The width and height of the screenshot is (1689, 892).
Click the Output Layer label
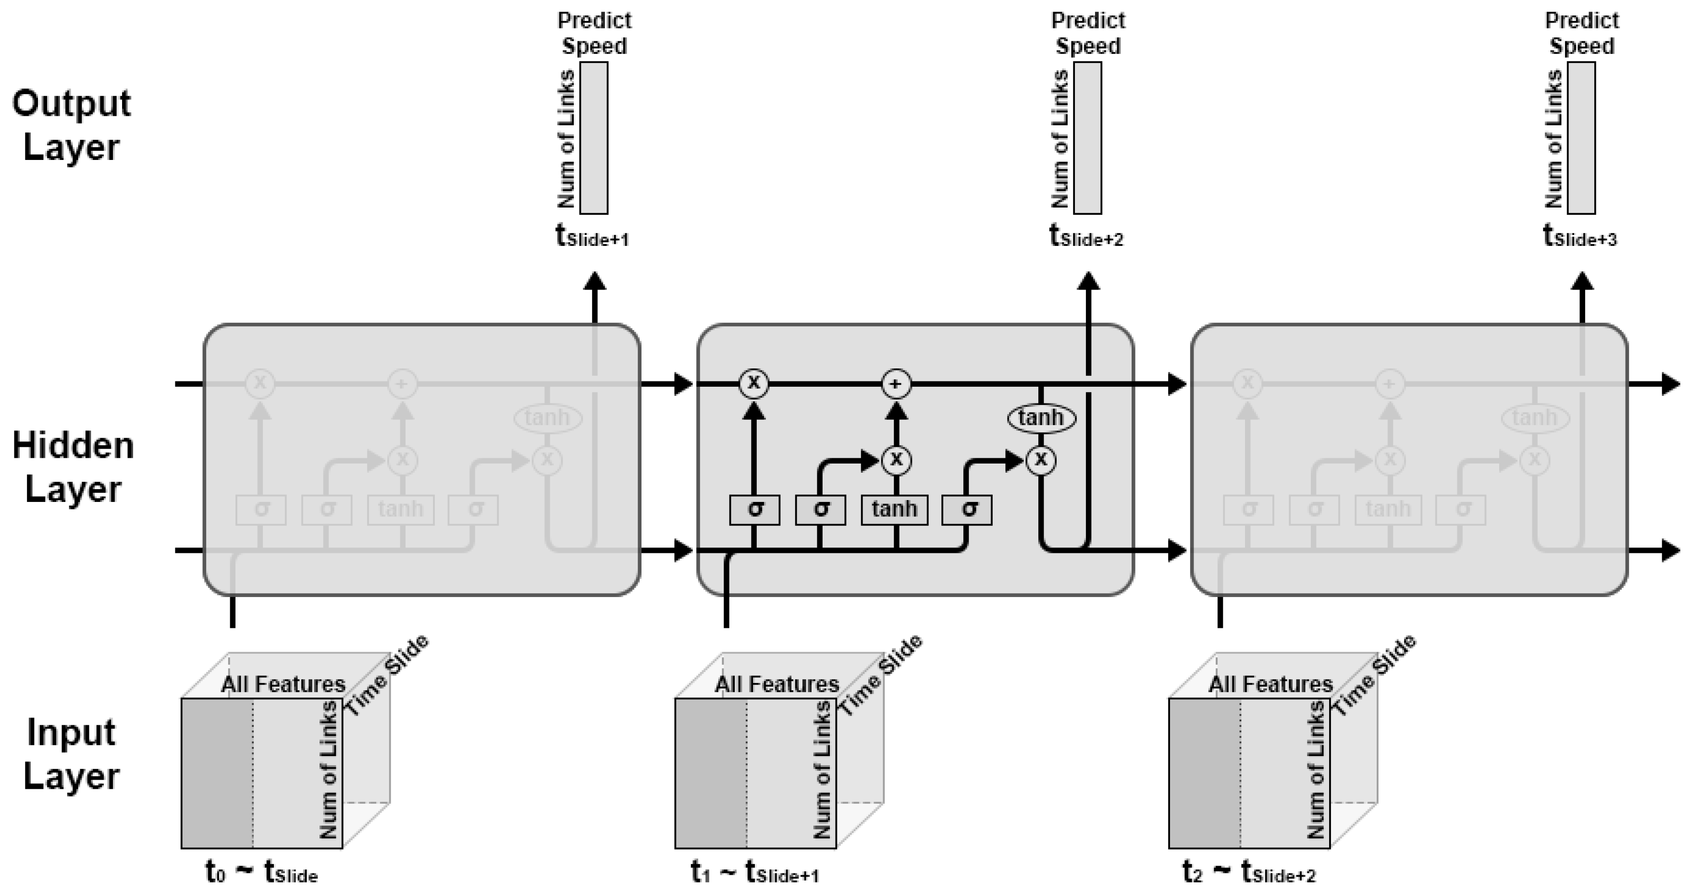[72, 124]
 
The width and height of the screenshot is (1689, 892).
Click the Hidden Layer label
[73, 466]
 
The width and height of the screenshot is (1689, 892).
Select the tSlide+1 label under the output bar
[592, 236]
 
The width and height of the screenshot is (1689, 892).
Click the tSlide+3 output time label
[1580, 236]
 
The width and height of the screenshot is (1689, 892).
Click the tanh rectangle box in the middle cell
[894, 509]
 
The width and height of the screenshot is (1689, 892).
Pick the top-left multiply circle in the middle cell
[753, 383]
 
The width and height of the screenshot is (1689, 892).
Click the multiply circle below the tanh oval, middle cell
[1040, 460]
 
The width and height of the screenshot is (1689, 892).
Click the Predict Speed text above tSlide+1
[594, 33]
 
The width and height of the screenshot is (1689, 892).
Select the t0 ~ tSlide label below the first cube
[261, 872]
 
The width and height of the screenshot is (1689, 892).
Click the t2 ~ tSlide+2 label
[1248, 872]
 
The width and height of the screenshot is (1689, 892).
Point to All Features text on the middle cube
[777, 684]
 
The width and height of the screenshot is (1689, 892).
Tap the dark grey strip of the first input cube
[217, 773]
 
